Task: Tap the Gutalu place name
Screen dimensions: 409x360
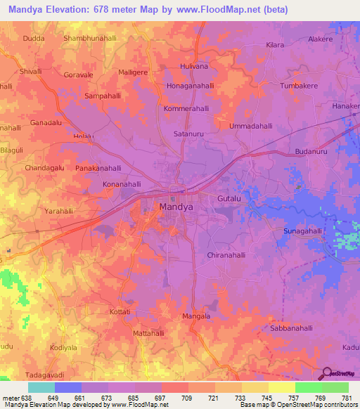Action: click(229, 200)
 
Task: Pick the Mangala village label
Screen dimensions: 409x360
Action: click(196, 317)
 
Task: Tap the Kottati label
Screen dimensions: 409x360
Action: click(121, 311)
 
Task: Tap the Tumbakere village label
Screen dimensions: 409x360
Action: click(304, 85)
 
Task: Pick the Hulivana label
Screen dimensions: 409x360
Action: click(195, 66)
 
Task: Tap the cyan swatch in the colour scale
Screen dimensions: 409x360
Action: click(41, 387)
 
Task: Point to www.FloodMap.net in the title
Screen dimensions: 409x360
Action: click(219, 10)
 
